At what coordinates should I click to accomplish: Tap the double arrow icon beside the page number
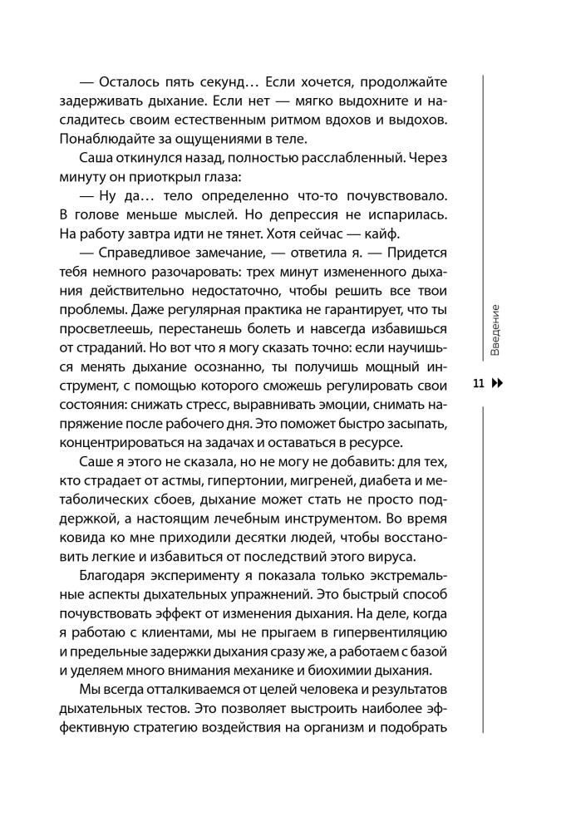[498, 384]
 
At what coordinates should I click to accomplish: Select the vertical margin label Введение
[495, 330]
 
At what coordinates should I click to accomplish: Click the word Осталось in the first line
[130, 81]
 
